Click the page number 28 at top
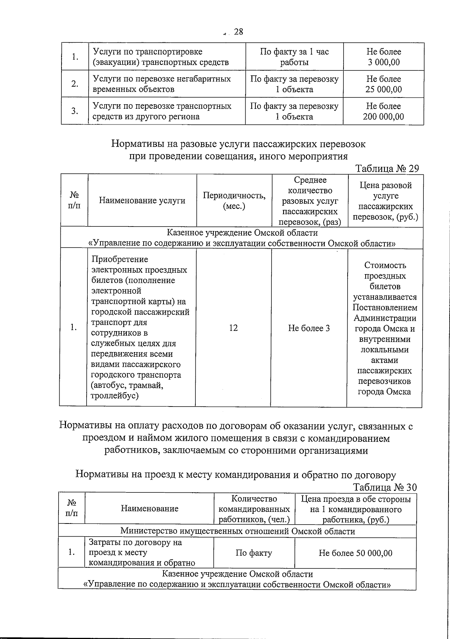tap(238, 32)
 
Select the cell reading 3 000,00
tap(384, 62)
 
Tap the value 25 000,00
tap(384, 90)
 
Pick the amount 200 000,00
tap(384, 117)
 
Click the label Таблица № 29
tap(387, 168)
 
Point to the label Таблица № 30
tap(385, 487)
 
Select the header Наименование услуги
tap(142, 201)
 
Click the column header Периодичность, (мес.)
tap(234, 201)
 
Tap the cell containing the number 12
tap(233, 328)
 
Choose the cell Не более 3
tap(309, 328)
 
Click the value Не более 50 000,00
tap(355, 553)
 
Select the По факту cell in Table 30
tap(254, 553)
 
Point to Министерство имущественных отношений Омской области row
tap(237, 531)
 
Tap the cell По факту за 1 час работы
tap(294, 57)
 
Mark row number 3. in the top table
tap(75, 111)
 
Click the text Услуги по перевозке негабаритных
tap(162, 79)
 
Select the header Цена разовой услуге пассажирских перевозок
tap(385, 201)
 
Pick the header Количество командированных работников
tap(254, 509)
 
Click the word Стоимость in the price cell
tap(385, 265)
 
